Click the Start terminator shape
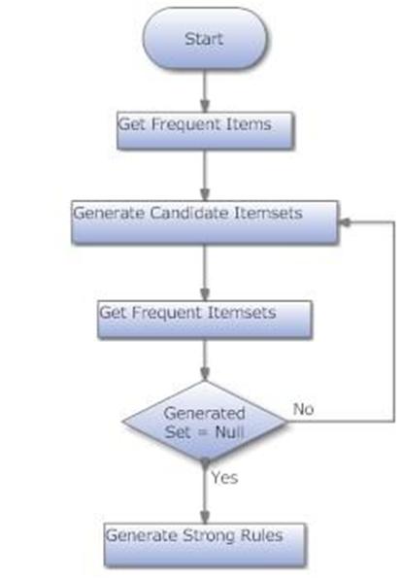(x=204, y=39)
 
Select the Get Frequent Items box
(x=205, y=131)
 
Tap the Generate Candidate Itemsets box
(x=205, y=221)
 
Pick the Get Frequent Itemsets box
(x=205, y=320)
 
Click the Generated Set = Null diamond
(x=205, y=421)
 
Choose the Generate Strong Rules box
(x=205, y=545)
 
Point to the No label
(x=303, y=409)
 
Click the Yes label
(x=224, y=477)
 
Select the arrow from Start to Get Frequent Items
(x=205, y=91)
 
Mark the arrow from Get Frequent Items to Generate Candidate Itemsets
(x=205, y=175)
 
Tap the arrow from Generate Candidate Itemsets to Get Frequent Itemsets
(x=205, y=272)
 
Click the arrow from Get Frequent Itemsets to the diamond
(x=205, y=359)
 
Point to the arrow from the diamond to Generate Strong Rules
(x=205, y=493)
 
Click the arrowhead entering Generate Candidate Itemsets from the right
(x=344, y=221)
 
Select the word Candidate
(x=188, y=213)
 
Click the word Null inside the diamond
(x=229, y=431)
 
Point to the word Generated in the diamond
(x=205, y=413)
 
